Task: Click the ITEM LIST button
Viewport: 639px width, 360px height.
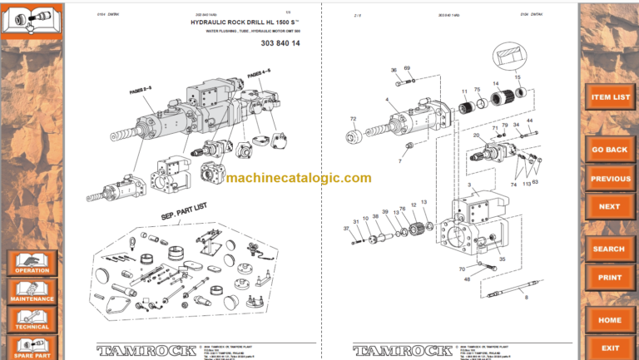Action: (610, 97)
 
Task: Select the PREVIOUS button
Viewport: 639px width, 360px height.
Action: (610, 179)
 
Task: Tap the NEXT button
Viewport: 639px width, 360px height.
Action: (610, 206)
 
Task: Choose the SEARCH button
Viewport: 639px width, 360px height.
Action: (610, 249)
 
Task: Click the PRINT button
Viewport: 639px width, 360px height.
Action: (610, 277)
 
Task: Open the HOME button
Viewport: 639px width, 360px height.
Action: (610, 319)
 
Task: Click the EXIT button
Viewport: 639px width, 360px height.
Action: (610, 348)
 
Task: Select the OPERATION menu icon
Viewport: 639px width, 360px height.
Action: (32, 263)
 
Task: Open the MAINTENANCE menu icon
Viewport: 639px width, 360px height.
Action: (32, 291)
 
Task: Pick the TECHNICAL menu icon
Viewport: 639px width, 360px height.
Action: (32, 319)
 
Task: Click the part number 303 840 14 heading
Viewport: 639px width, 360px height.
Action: (281, 42)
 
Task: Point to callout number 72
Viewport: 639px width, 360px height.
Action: (353, 119)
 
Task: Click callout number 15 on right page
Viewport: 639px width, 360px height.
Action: (518, 77)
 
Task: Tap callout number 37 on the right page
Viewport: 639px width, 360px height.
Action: (346, 228)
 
